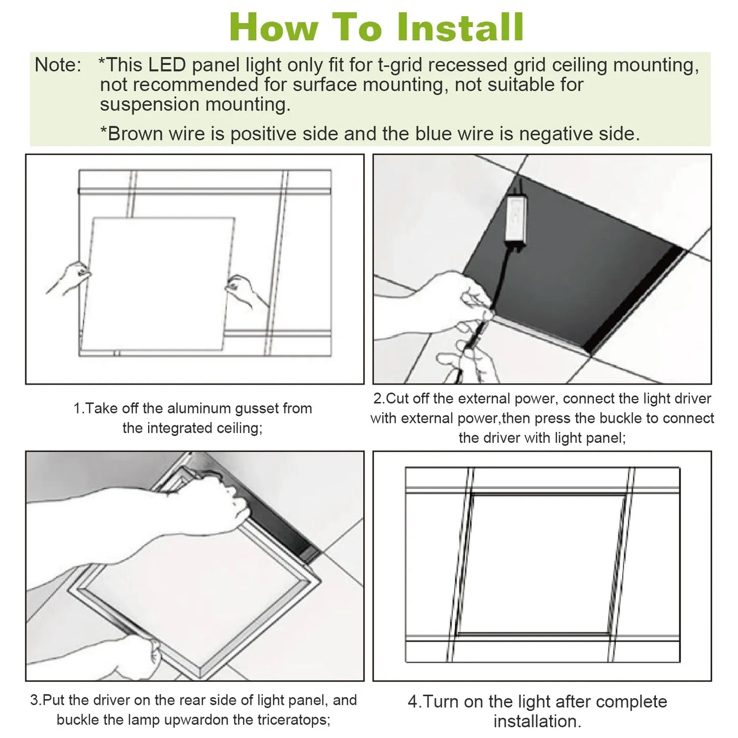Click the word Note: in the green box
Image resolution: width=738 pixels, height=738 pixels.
pos(58,65)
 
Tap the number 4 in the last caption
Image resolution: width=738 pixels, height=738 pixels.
pos(413,702)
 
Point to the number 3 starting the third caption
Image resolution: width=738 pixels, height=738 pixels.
pos(34,700)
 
